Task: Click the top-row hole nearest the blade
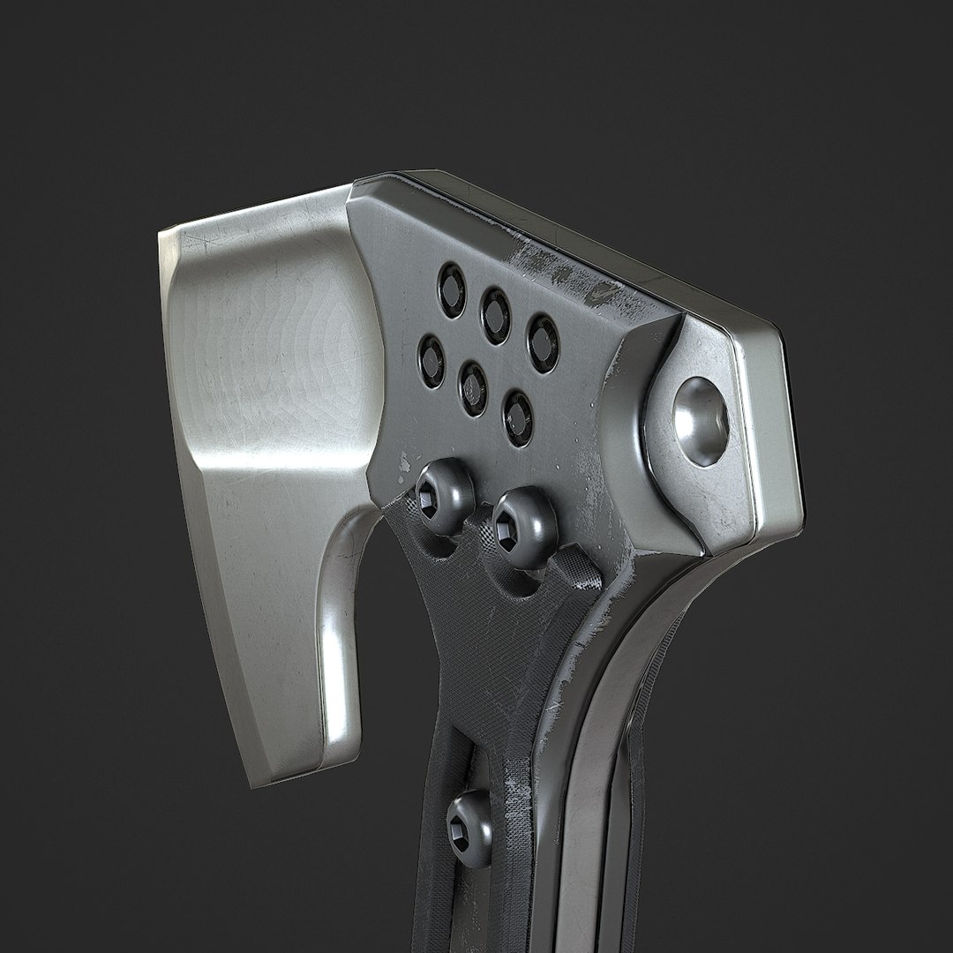[x=452, y=289]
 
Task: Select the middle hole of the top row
[x=496, y=315]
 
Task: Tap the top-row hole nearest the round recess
[x=543, y=342]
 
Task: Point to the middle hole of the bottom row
[x=474, y=388]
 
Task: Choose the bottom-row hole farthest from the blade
[x=518, y=417]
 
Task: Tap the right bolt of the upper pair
[x=524, y=527]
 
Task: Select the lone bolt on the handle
[x=470, y=828]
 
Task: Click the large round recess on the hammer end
[x=702, y=421]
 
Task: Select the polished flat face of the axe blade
[x=274, y=353]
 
